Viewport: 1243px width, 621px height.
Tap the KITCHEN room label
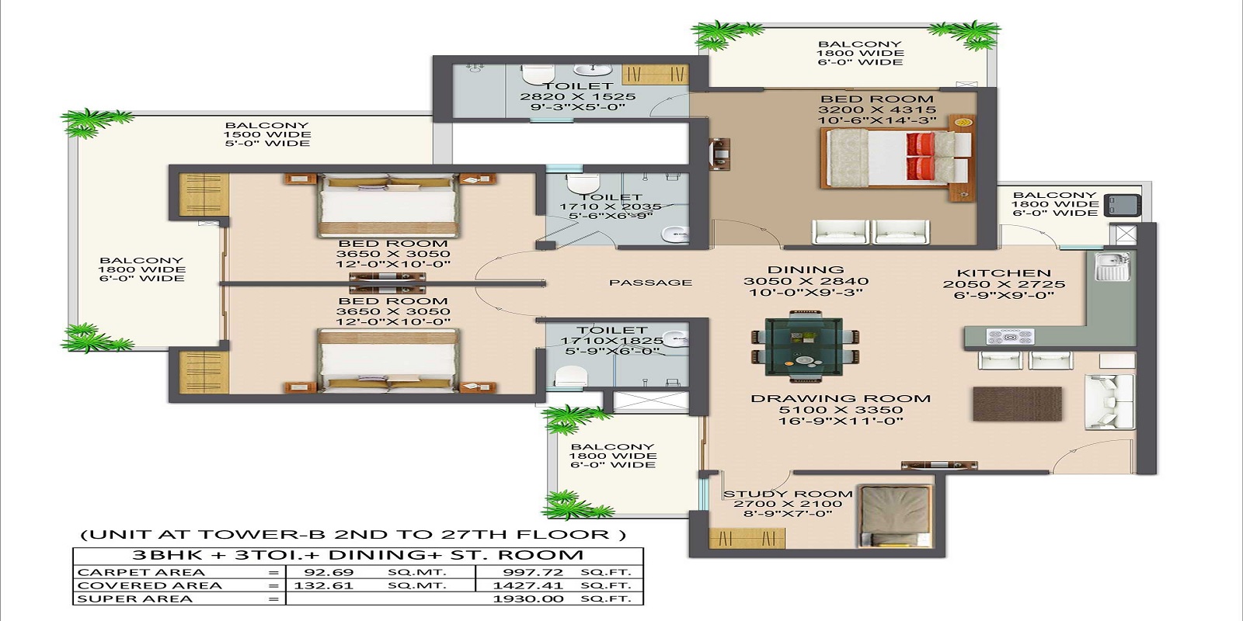1004,273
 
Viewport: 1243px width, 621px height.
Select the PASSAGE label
650,283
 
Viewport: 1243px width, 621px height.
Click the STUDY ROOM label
788,494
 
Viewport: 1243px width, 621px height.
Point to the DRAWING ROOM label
841,399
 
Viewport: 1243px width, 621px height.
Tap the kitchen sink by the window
1112,266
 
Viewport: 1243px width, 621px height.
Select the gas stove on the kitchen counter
1009,337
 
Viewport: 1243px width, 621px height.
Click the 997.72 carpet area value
533,573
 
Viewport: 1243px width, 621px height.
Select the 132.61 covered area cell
323,586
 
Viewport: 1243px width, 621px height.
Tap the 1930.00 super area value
528,599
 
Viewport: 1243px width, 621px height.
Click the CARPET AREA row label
141,573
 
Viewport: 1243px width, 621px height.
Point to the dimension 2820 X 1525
577,97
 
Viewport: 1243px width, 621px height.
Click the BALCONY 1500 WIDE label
267,134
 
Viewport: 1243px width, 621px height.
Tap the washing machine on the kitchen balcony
1123,205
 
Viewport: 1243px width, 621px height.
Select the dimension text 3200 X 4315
877,110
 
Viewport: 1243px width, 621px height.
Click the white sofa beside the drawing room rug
1099,401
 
